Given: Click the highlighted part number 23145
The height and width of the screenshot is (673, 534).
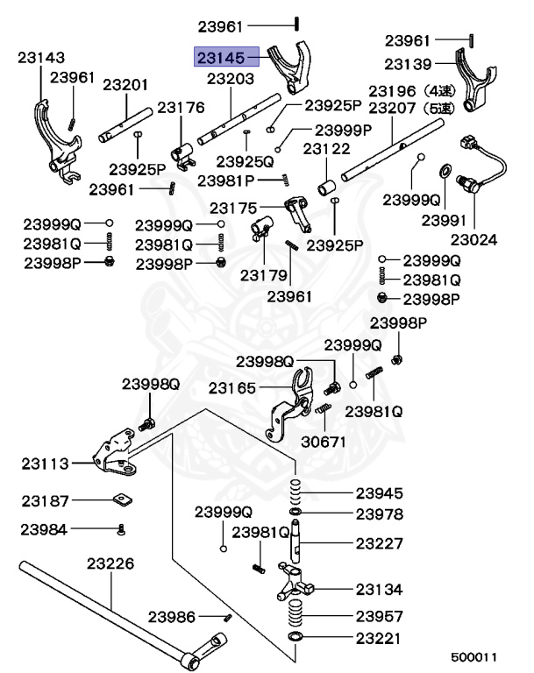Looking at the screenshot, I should click(x=222, y=58).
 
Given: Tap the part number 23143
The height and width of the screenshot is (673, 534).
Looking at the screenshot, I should click(x=41, y=58).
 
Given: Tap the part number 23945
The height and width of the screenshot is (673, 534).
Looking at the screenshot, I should click(x=380, y=493).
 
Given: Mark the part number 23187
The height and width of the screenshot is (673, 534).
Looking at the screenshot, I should click(x=45, y=500).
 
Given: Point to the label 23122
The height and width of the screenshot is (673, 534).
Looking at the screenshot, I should click(x=327, y=151).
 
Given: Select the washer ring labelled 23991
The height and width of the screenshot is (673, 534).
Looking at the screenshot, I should click(x=444, y=168).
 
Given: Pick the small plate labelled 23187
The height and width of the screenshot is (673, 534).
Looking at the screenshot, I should click(x=122, y=501).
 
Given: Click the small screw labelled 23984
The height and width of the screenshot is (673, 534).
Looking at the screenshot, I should click(x=121, y=528).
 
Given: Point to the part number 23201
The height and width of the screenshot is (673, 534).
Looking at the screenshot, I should click(x=125, y=85).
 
